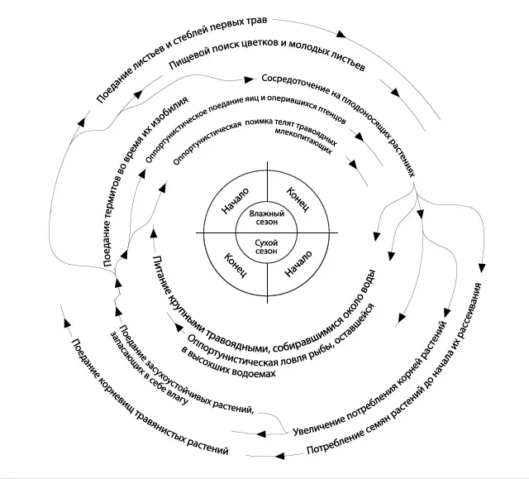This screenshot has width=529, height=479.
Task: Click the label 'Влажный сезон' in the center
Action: tap(264, 218)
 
